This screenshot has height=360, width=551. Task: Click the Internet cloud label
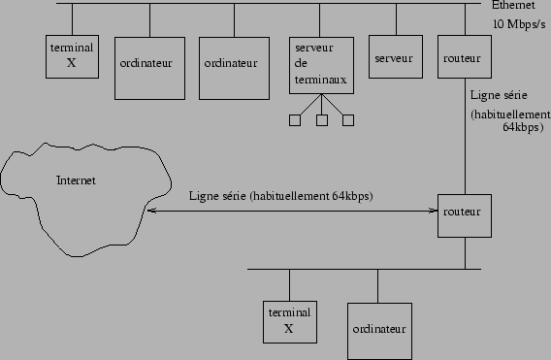[x=77, y=180]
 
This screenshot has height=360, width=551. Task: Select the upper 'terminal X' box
[x=71, y=56]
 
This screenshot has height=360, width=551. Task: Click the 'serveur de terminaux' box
[x=322, y=65]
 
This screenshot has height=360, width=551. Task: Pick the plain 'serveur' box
[x=392, y=58]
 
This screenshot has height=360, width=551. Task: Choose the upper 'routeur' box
[x=460, y=58]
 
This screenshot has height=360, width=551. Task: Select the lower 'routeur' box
[x=460, y=213]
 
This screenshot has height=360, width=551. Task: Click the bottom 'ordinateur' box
[x=377, y=329]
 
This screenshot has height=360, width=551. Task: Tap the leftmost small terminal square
[x=295, y=120]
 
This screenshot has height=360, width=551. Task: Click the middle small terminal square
[x=322, y=120]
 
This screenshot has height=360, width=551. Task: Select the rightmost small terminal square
[x=348, y=120]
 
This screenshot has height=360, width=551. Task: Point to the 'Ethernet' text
[x=513, y=6]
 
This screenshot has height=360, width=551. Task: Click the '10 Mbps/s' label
[x=519, y=23]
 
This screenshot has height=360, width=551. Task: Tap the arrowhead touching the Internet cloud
[x=148, y=210]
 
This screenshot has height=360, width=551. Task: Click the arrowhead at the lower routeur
[x=434, y=210]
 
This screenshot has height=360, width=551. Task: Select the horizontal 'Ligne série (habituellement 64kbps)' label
[x=281, y=196]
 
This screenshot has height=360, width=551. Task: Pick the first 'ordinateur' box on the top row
[x=149, y=64]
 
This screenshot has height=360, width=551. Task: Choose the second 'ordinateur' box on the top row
[x=233, y=64]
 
